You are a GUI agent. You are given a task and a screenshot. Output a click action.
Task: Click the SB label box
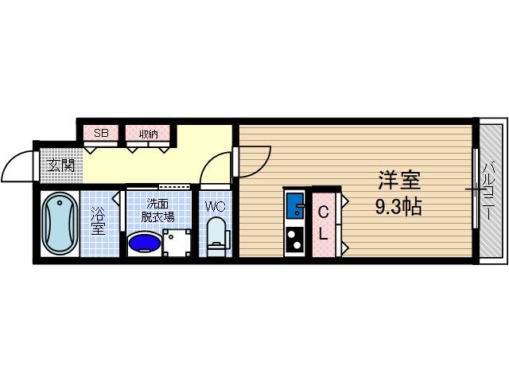coord(101,133)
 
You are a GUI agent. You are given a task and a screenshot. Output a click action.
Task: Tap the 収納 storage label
coord(148,133)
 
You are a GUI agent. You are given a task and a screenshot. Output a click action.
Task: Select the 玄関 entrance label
coord(60,166)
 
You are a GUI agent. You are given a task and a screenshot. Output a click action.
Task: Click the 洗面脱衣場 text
coord(159,209)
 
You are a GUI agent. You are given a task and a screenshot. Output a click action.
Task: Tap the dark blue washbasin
coord(144,241)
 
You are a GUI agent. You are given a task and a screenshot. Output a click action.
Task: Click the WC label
coord(216,206)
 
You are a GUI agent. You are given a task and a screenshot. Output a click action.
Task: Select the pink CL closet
coord(324,224)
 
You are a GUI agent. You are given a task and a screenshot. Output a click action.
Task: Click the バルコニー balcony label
coord(492,190)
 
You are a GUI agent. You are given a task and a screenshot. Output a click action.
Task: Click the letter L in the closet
coord(324,235)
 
